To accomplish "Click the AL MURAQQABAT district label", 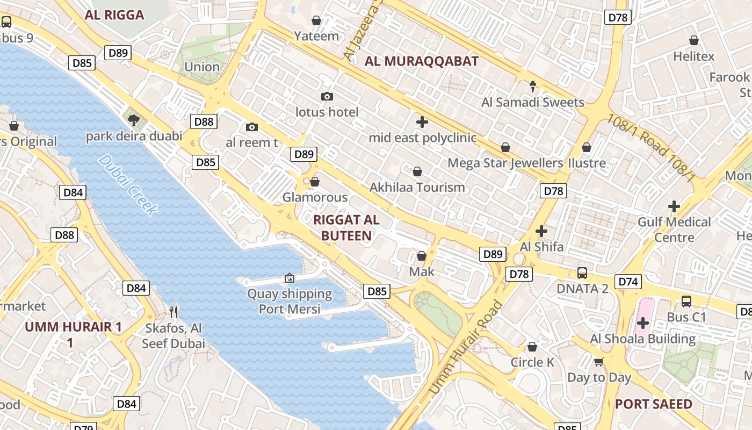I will coord(421,61).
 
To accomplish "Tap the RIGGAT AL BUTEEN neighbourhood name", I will coord(346,227).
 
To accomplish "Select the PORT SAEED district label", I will coord(653,404).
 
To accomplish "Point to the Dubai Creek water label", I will coord(128,185).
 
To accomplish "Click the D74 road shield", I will coord(628,281).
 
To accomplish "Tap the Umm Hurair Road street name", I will coord(466,349).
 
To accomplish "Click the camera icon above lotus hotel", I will coord(327,97).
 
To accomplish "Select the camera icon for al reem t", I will coord(251,127).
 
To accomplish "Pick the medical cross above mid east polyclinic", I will coord(422,122).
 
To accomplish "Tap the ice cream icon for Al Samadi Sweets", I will coord(533,86).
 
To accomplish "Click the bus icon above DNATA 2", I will coord(582,273).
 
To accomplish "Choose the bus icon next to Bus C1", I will coord(686,302).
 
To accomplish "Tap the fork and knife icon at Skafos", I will coord(173,312).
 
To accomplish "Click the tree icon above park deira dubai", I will coord(133,119).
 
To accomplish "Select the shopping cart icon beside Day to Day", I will coord(599,362).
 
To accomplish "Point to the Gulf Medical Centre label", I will coord(674,229).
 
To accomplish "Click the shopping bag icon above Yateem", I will coord(316,20).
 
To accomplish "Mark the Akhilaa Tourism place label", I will coord(417,188).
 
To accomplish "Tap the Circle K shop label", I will coord(532,362).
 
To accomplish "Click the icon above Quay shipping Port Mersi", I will coord(290,278).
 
